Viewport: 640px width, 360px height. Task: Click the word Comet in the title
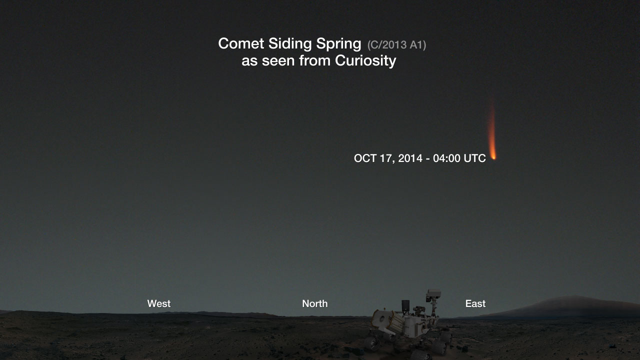click(x=241, y=43)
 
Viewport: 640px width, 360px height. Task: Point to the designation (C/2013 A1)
click(x=396, y=45)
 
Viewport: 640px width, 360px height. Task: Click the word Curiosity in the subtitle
click(x=365, y=61)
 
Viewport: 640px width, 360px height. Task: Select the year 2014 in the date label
click(x=410, y=158)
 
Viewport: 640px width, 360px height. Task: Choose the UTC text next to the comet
click(x=474, y=158)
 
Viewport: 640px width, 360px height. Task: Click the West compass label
click(x=159, y=303)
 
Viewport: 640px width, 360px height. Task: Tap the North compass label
click(x=315, y=303)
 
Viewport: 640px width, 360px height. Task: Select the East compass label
click(x=475, y=303)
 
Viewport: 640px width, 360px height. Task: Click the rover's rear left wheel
click(x=372, y=343)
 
